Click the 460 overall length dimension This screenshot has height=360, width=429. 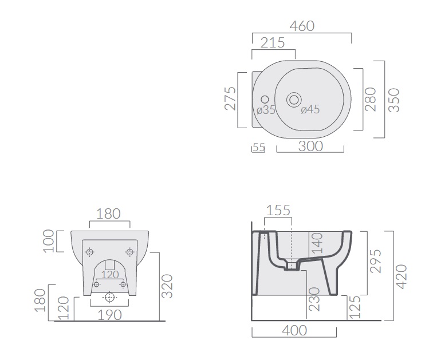pos(302,26)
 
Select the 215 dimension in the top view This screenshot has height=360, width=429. pos(273,43)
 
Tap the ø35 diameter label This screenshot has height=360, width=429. pos(266,110)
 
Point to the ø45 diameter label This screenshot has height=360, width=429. pos(310,109)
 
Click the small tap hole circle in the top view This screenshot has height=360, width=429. pos(265,100)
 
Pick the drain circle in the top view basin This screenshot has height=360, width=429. pos(294,100)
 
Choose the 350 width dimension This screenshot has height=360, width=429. pos(394,100)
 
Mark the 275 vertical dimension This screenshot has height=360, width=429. pos(230,98)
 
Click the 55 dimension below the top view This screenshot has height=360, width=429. pos(259,147)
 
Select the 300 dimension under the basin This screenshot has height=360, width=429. pos(310,146)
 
